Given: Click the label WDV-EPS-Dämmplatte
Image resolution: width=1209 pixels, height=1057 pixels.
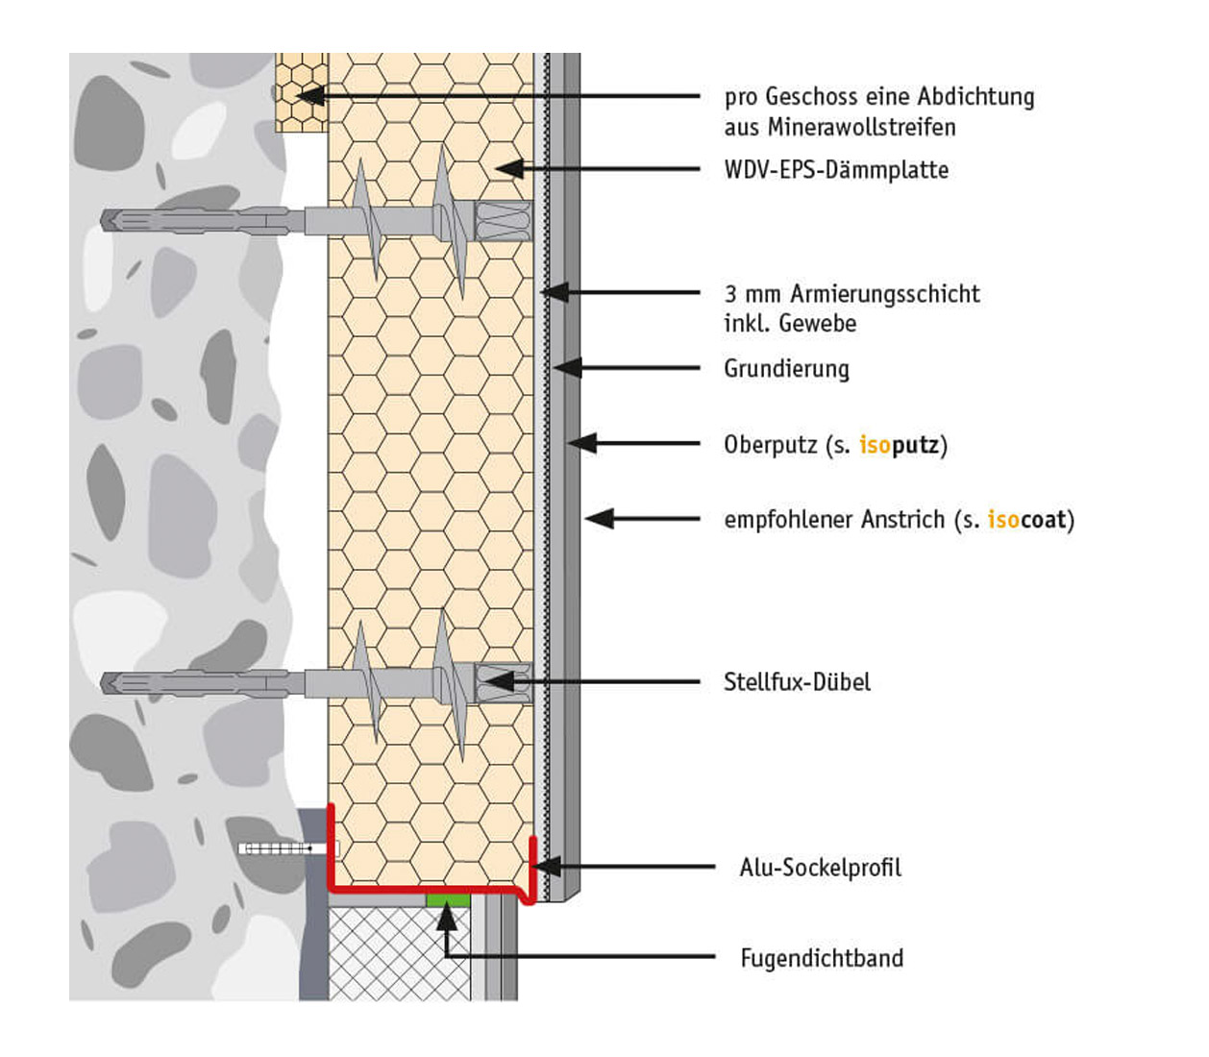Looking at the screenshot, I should tap(836, 170).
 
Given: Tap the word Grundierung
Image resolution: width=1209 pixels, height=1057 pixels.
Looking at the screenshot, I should tap(786, 368).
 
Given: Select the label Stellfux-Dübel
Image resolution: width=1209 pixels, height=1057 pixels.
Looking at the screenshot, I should tap(797, 682).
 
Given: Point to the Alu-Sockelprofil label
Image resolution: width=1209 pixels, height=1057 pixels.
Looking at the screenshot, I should tap(820, 868).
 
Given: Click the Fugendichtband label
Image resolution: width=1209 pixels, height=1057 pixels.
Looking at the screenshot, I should tap(821, 958).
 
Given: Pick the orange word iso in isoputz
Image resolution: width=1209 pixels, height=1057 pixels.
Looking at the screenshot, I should tap(875, 445).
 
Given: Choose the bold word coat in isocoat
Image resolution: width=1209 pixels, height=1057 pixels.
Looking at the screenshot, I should tap(1044, 520).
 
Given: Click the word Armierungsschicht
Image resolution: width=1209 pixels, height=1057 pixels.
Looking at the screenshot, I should tap(885, 294).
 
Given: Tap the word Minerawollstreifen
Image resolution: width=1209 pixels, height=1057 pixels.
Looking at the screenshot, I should tap(861, 127).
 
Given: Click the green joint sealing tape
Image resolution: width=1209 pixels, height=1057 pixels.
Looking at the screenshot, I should tap(447, 899).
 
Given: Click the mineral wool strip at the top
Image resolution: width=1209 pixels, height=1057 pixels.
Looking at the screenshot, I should tap(301, 92).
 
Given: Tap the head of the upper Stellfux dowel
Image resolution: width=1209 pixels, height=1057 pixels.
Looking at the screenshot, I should tap(503, 220).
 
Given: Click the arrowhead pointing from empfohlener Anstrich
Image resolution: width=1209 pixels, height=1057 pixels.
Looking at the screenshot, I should tap(599, 519).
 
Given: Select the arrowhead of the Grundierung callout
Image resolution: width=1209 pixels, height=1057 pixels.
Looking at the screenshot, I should tap(566, 367).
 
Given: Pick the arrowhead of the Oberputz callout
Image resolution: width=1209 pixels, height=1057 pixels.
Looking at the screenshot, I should tap(581, 443).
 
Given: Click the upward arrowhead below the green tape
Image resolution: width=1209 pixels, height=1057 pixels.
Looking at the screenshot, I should tap(447, 918).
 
